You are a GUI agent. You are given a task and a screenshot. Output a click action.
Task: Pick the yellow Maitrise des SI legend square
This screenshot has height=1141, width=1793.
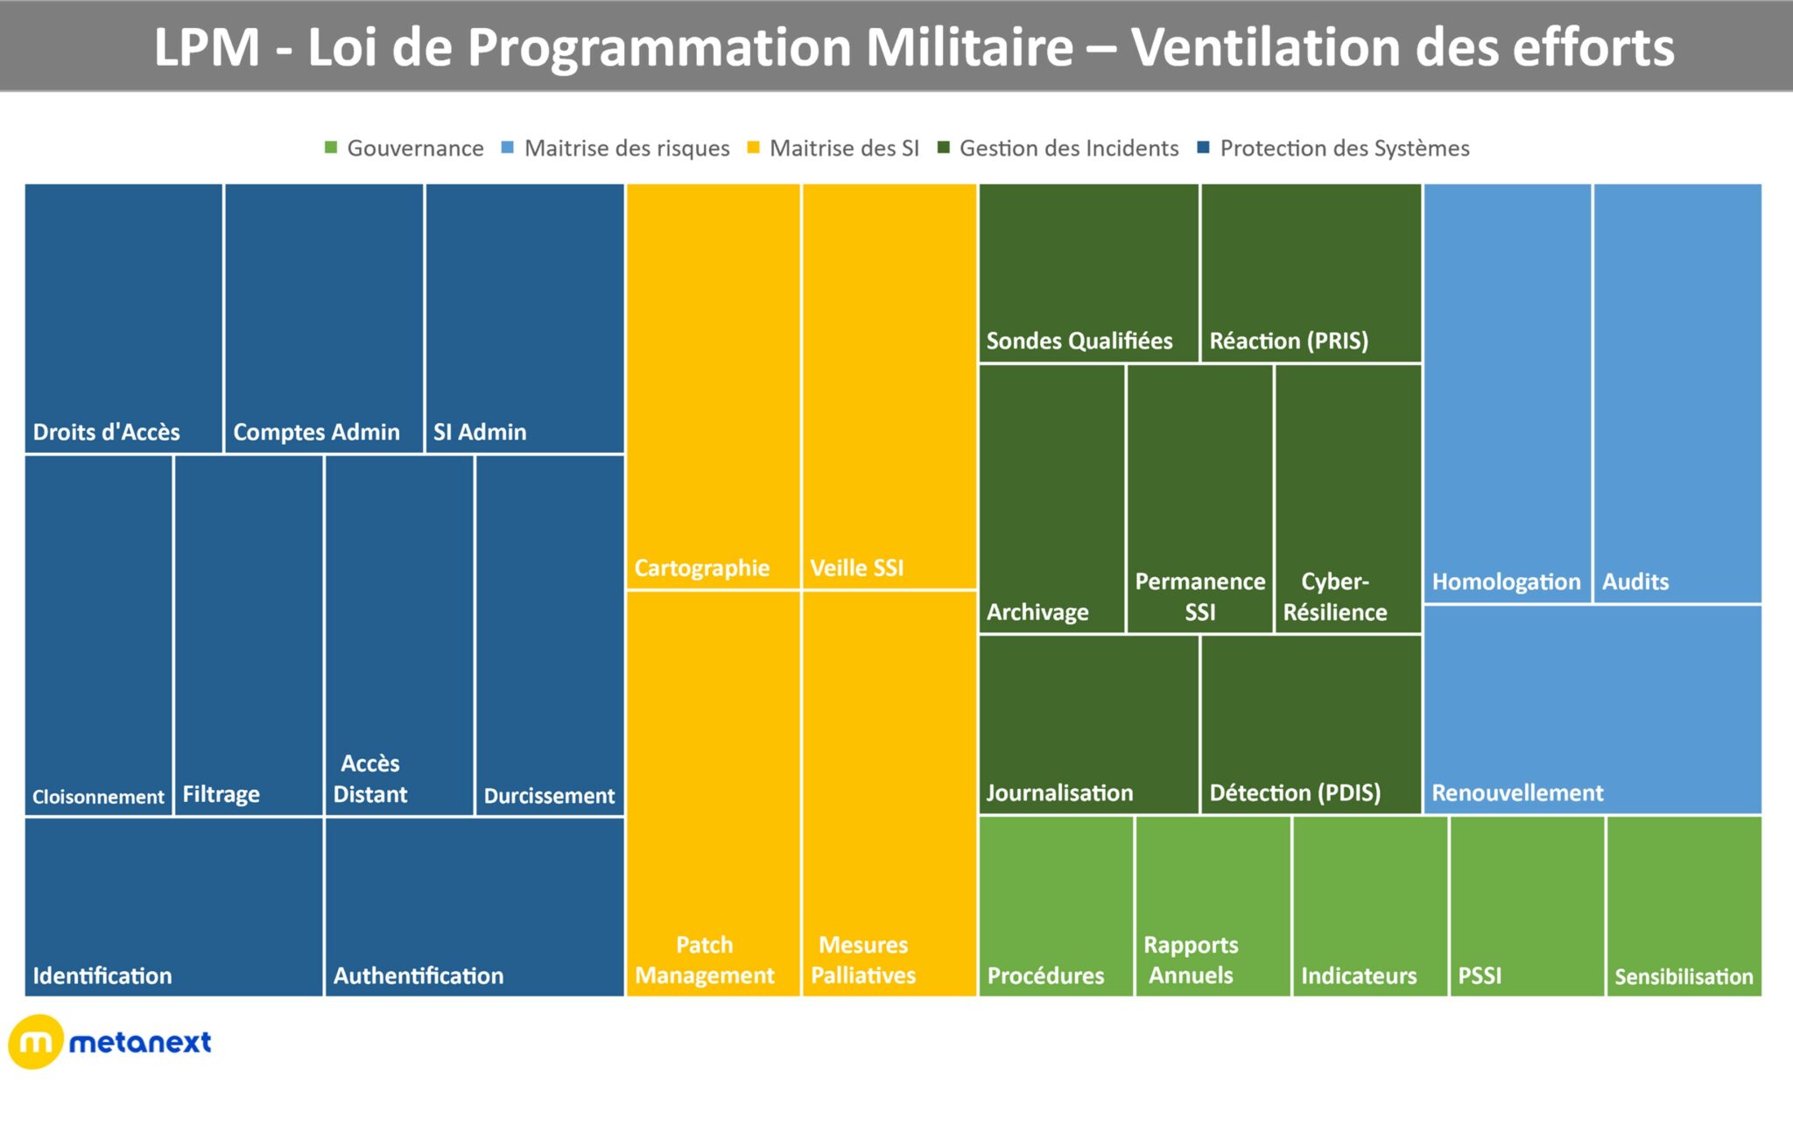coord(753,147)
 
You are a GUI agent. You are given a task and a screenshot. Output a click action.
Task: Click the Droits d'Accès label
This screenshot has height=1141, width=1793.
coord(106,432)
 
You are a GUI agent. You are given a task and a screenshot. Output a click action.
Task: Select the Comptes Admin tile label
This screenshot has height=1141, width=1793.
coord(316,432)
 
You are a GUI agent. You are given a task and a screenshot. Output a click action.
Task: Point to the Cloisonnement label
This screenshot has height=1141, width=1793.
coord(98,797)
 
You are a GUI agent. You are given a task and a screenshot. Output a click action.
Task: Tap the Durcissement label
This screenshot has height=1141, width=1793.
coord(549,795)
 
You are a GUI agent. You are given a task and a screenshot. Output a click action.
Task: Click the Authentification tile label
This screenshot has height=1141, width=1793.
coord(418,975)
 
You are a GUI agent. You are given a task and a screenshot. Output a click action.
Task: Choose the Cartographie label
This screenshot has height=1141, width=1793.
coord(701,568)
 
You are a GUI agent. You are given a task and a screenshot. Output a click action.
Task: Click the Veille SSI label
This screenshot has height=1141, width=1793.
coord(856,568)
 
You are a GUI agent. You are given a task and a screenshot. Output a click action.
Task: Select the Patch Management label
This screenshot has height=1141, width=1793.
coord(705,960)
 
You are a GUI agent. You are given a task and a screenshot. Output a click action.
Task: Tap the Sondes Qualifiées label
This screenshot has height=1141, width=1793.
coord(1079,341)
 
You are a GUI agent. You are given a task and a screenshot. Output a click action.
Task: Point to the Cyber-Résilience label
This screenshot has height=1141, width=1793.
coord(1335,596)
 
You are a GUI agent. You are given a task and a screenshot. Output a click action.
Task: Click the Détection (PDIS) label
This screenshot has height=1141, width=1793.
coord(1295,792)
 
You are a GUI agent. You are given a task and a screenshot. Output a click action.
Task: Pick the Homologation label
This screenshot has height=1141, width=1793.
coord(1506,581)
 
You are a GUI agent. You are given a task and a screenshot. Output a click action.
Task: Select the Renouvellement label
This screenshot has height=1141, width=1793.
coord(1517,792)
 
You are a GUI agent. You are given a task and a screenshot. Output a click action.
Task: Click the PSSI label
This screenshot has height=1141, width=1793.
coord(1480,975)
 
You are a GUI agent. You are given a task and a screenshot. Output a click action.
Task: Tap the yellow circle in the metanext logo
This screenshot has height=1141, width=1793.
coord(35,1042)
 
